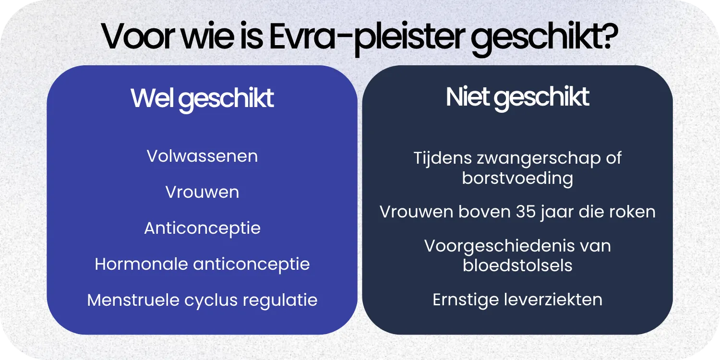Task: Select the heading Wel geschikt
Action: (x=202, y=98)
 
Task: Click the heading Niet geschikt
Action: (x=517, y=97)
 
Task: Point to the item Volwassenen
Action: (x=202, y=156)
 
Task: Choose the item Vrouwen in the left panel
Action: (x=202, y=192)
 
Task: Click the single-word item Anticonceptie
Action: (x=202, y=228)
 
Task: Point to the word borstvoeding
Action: (x=517, y=178)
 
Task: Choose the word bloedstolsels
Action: (x=517, y=265)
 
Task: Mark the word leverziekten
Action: (x=553, y=300)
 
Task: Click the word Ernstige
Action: (x=465, y=300)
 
